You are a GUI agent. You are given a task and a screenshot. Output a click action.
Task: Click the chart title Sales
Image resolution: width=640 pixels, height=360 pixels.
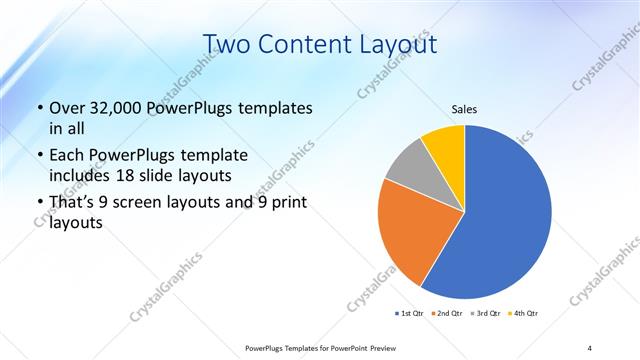coord(464,108)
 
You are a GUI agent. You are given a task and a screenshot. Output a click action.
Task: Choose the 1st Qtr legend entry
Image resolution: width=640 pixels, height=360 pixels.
coord(409,313)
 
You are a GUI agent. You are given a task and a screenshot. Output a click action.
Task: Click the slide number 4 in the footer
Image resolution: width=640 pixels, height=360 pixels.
coord(589,348)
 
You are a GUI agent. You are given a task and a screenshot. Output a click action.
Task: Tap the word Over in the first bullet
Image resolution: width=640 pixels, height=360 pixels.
coord(67,108)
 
